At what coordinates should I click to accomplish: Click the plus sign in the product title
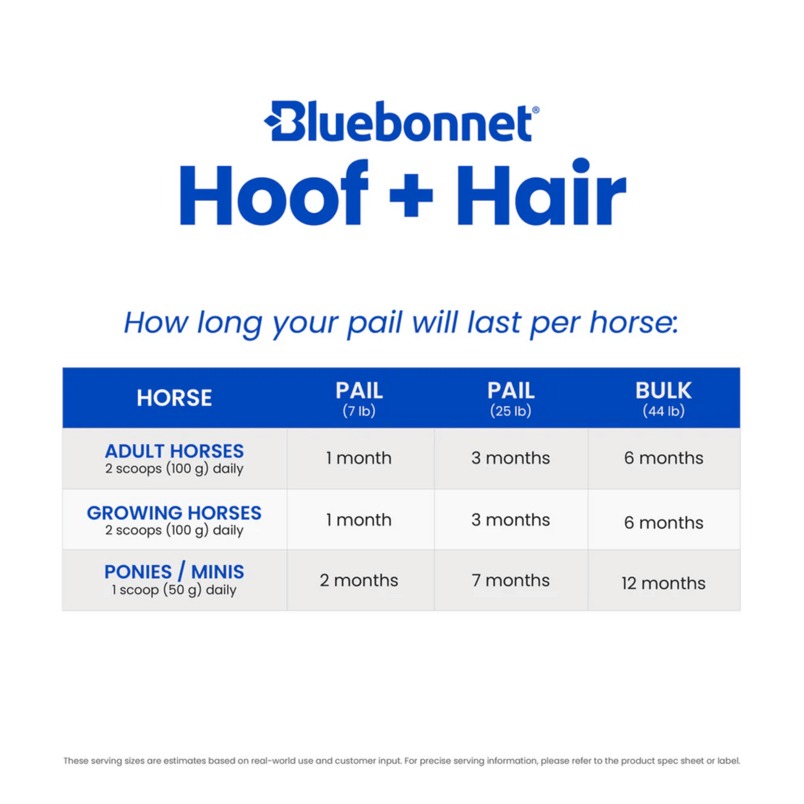click(x=411, y=194)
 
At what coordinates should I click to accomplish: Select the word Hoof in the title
click(x=273, y=194)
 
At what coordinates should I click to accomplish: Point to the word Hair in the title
click(x=541, y=194)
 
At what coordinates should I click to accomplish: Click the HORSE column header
click(x=174, y=398)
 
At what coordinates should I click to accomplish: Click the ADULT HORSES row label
click(x=174, y=451)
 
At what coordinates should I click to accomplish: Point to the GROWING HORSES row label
click(x=174, y=513)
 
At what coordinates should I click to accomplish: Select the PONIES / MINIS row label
click(x=174, y=572)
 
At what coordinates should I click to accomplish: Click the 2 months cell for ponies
click(x=359, y=580)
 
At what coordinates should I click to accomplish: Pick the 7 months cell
click(x=511, y=580)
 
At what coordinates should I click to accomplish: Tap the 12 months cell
click(x=663, y=583)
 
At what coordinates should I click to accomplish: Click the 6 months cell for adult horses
click(x=663, y=458)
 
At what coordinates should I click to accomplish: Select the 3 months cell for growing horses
click(x=511, y=520)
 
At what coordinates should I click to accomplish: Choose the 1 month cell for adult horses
click(x=359, y=458)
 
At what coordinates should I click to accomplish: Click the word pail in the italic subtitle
click(x=374, y=323)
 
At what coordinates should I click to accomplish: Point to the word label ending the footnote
click(x=729, y=761)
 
